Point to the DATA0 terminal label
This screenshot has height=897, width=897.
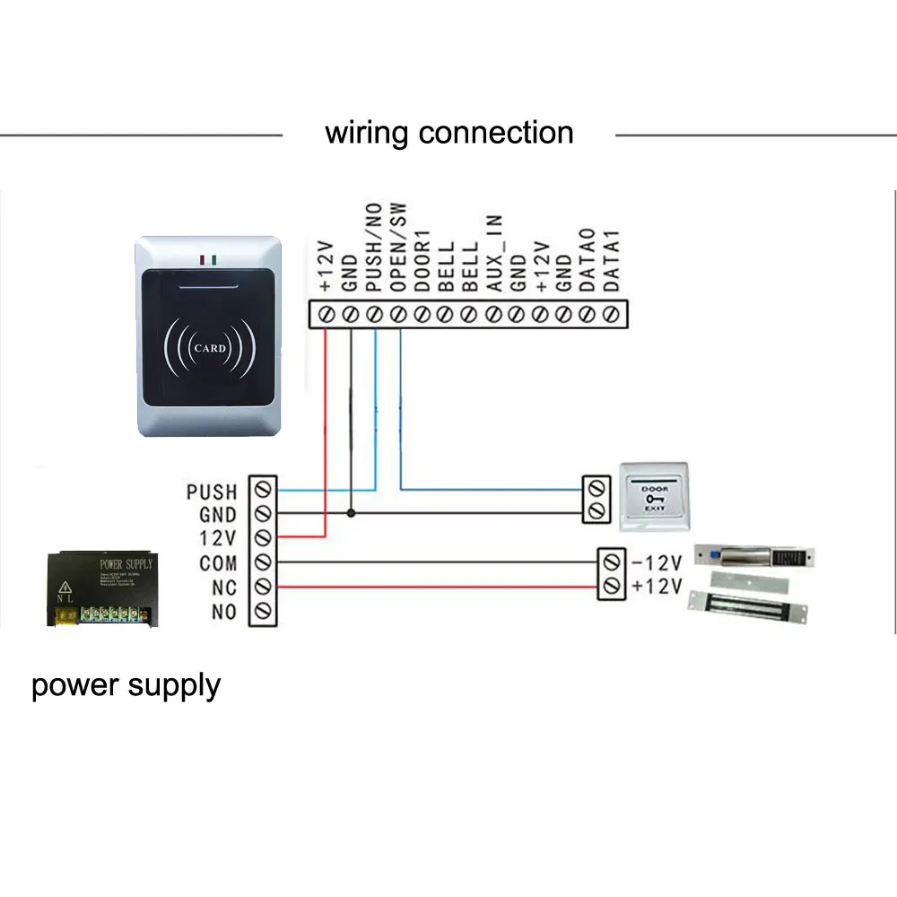(588, 259)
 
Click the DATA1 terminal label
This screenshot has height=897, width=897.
(611, 259)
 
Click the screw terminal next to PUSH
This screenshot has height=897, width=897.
(263, 491)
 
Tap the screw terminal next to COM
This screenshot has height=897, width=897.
(263, 563)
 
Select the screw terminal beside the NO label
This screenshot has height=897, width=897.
(263, 612)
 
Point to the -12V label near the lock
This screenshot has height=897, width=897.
(658, 563)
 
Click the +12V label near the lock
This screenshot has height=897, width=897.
(658, 587)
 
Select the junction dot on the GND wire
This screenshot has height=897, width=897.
(351, 514)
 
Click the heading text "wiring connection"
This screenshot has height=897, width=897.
(448, 133)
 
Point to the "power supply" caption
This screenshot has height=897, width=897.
(126, 685)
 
